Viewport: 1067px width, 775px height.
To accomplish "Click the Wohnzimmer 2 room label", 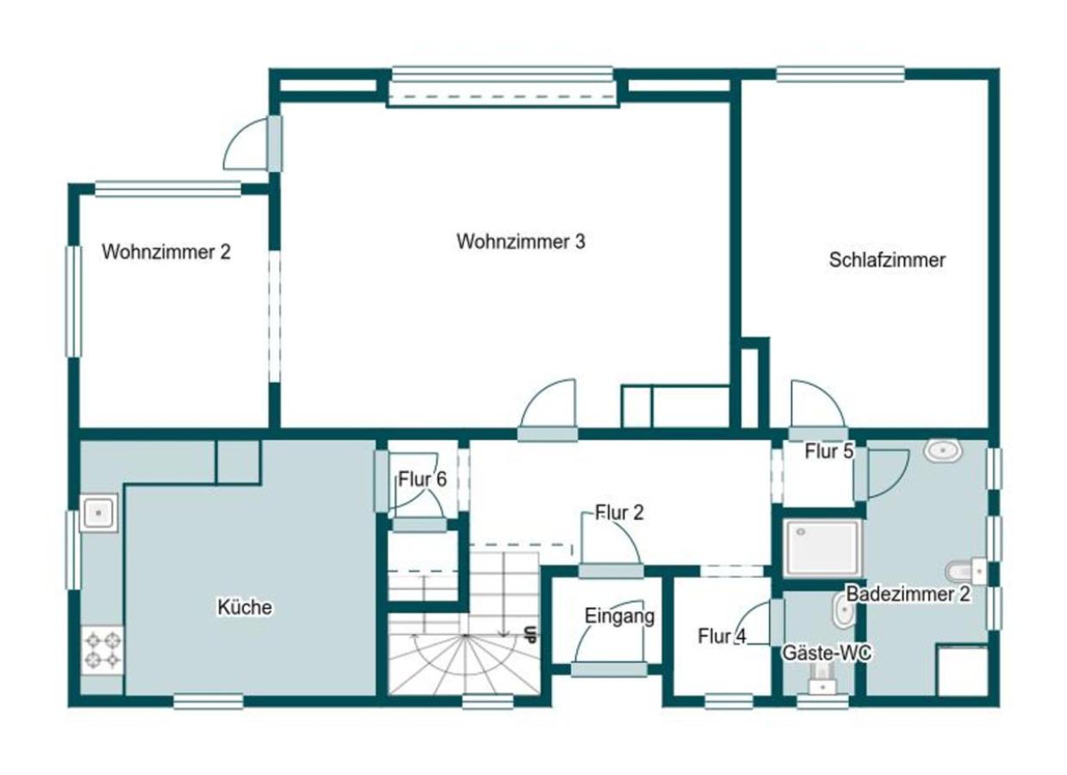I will [x=166, y=252].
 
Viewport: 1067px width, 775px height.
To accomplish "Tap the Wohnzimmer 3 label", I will [x=520, y=242].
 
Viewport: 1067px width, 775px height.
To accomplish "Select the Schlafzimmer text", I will [x=887, y=260].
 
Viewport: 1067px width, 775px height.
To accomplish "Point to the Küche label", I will [x=244, y=608].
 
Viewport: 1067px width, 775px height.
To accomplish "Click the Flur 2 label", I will [x=619, y=513].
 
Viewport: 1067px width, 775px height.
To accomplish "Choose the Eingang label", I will [x=619, y=617].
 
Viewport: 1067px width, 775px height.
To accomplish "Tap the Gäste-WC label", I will [x=826, y=654].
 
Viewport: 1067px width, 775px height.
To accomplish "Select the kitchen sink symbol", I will [x=99, y=513].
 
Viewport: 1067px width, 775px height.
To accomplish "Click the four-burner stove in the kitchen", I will [x=102, y=649].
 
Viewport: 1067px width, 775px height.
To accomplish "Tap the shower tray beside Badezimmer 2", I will [x=822, y=548].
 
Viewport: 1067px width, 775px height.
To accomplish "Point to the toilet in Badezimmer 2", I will [x=965, y=570].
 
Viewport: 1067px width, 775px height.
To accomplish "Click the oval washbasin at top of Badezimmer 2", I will [x=943, y=449].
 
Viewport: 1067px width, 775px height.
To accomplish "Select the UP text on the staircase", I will [x=530, y=635].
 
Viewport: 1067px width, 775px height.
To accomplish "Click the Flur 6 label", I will [x=422, y=480].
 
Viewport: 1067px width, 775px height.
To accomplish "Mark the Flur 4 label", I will [x=722, y=637].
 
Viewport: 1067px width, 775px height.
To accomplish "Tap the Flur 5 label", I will [x=828, y=450].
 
